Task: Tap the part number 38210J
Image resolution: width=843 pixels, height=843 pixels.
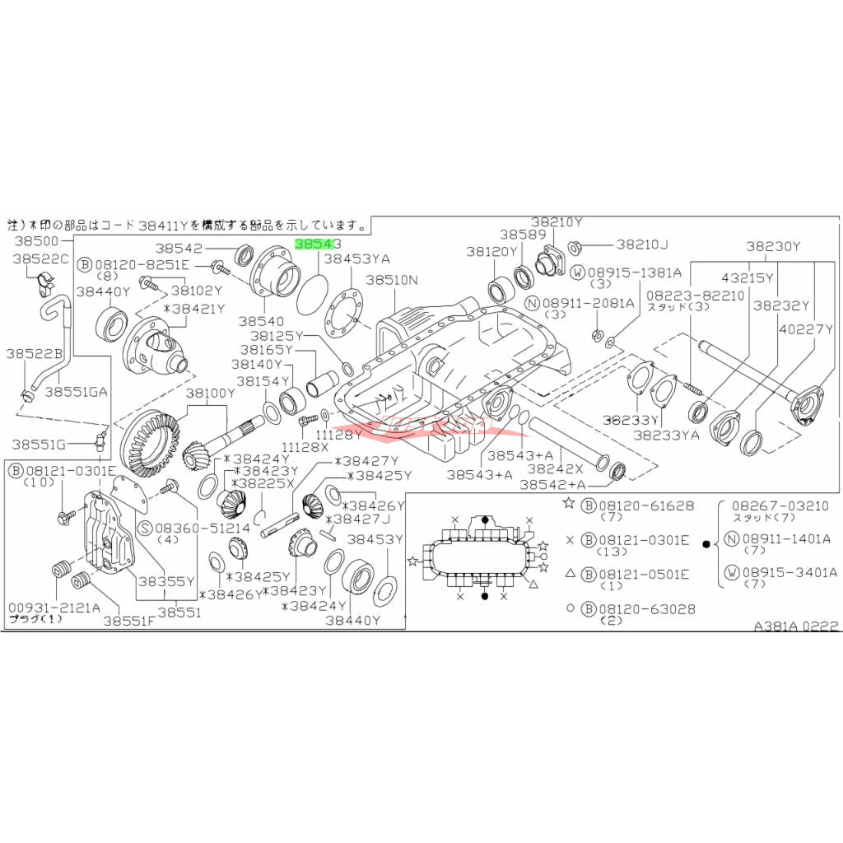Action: [x=642, y=244]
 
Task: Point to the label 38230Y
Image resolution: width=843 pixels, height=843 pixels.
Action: [x=773, y=245]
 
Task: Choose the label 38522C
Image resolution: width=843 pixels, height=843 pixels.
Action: [x=41, y=258]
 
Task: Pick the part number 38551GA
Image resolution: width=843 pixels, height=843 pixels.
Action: [x=77, y=392]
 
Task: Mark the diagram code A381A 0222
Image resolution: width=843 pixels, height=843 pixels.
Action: [x=796, y=626]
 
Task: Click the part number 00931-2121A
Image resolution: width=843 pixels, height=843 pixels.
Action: [x=54, y=608]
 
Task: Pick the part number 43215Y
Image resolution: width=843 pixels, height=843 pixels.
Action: [x=748, y=278]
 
